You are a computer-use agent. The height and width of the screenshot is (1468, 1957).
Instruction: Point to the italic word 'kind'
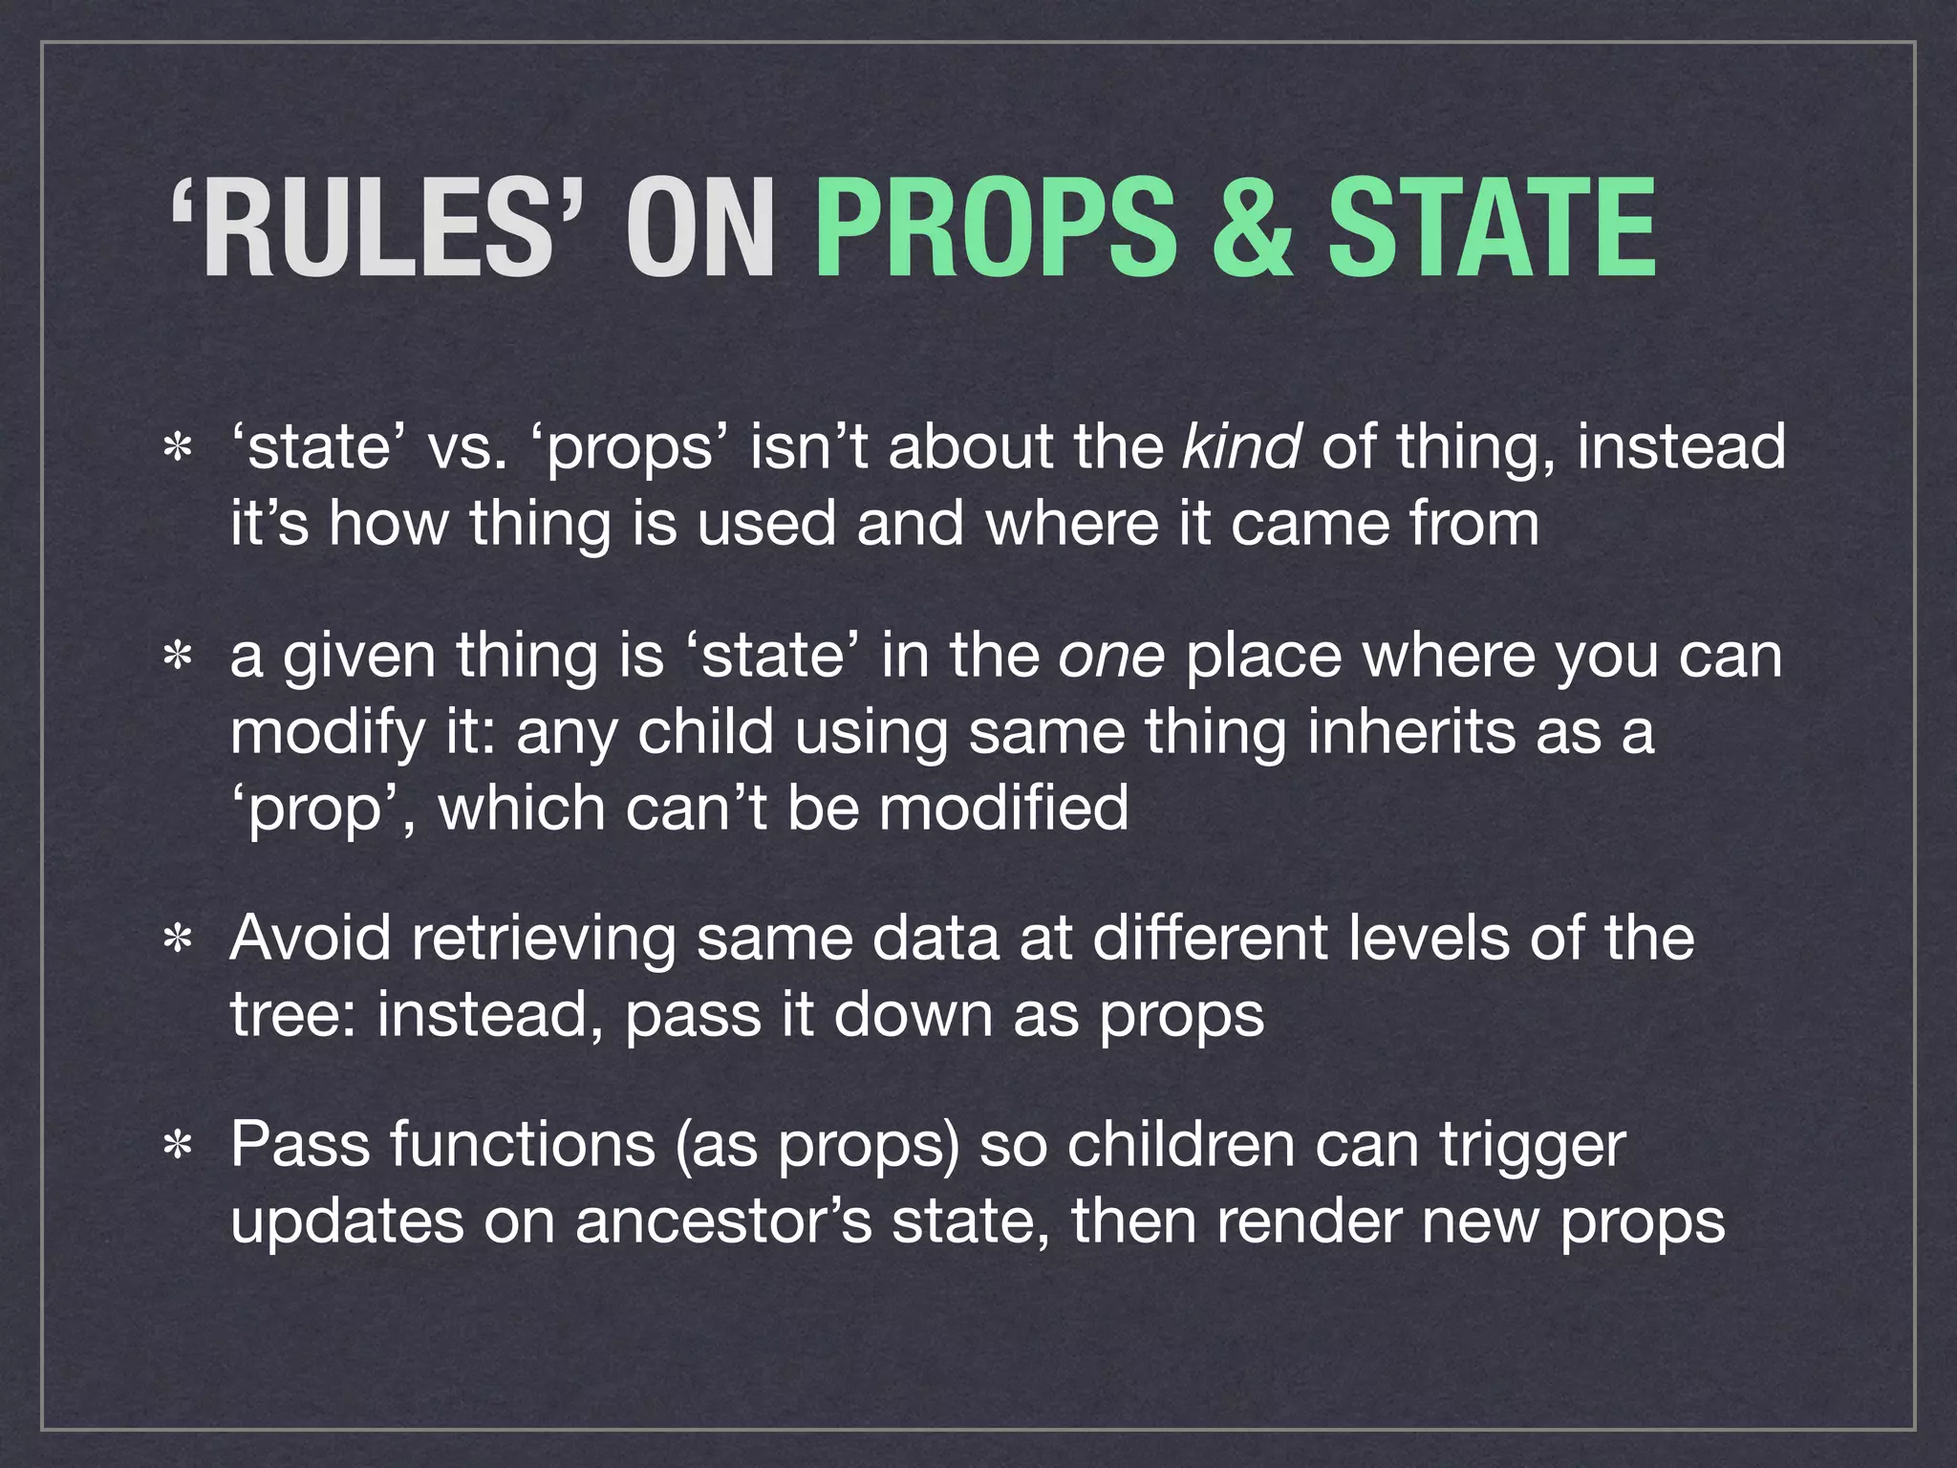pyautogui.click(x=1240, y=446)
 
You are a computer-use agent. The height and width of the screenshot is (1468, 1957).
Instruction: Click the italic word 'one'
pyautogui.click(x=1111, y=657)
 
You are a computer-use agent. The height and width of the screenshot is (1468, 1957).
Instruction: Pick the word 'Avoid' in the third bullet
pyautogui.click(x=311, y=938)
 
